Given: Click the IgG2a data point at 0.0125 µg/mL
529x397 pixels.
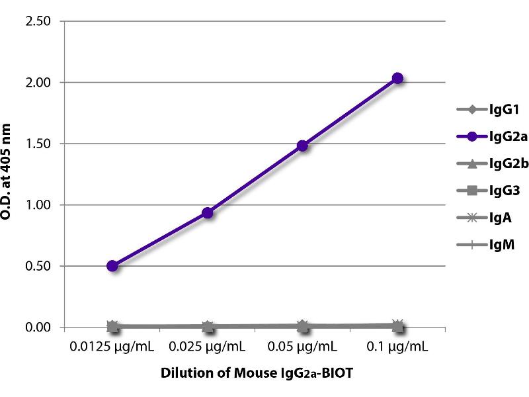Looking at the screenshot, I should [112, 266].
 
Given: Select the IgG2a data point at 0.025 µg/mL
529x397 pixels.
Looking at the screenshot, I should [208, 212].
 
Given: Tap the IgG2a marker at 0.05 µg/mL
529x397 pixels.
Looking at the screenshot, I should [302, 146].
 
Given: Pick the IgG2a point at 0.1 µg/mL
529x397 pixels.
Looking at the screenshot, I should [397, 78].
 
